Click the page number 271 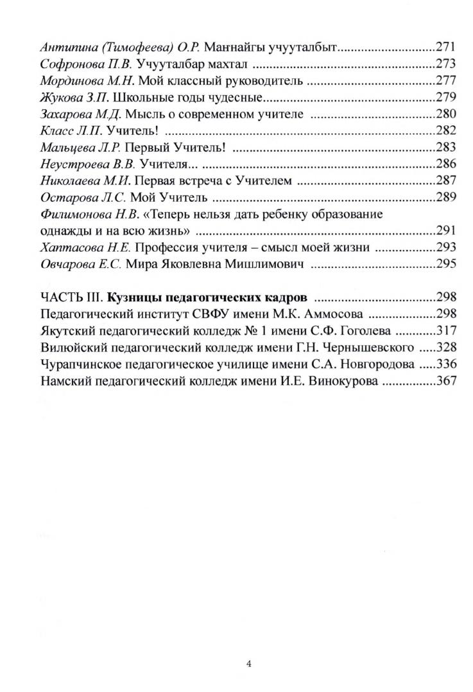(x=445, y=46)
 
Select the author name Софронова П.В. (x=79, y=64)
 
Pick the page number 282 (x=445, y=131)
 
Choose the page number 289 (x=445, y=198)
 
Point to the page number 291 (x=445, y=231)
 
